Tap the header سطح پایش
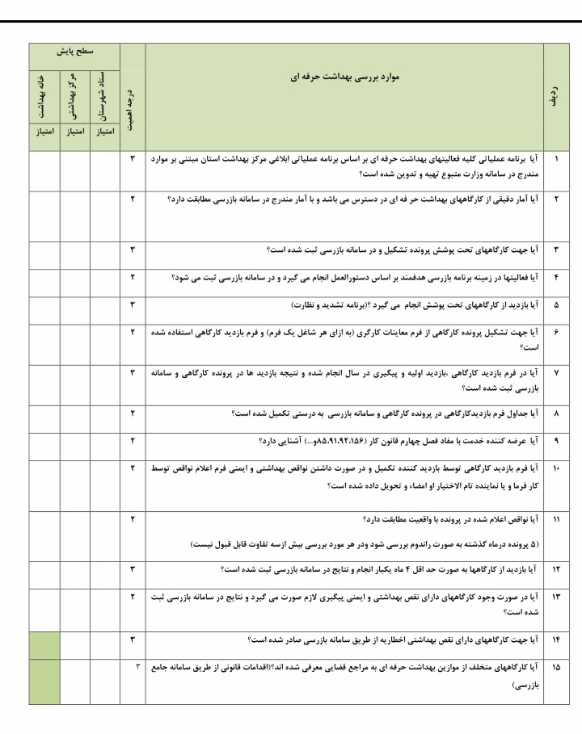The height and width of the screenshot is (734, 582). click(74, 51)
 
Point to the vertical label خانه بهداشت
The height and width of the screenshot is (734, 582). click(44, 93)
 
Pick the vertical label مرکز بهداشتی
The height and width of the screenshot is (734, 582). click(74, 93)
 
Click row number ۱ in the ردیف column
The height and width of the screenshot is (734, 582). click(555, 159)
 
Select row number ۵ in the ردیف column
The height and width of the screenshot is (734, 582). click(555, 307)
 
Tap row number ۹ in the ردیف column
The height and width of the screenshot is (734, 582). click(555, 442)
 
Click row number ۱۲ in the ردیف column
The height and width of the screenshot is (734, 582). click(555, 569)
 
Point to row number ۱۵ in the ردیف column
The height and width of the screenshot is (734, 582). click(555, 668)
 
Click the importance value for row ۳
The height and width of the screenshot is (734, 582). click(132, 250)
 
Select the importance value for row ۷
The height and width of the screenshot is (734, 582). click(132, 374)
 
